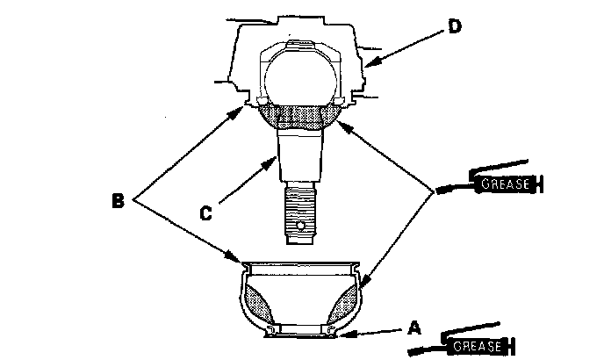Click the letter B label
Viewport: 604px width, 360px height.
(x=118, y=201)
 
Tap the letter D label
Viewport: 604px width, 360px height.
(x=454, y=25)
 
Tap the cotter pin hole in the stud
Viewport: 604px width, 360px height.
(x=300, y=227)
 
